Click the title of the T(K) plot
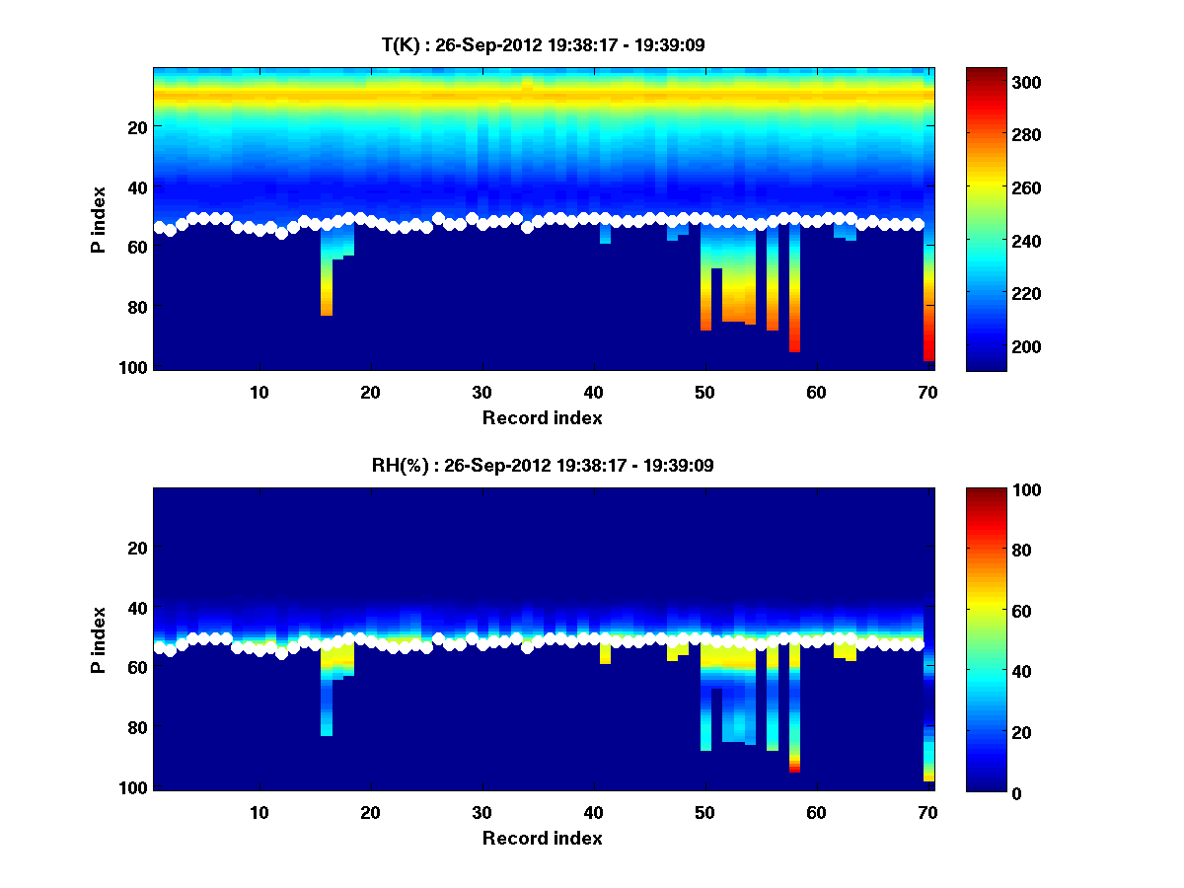point(543,45)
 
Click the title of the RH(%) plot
point(543,466)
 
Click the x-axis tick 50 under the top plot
point(704,392)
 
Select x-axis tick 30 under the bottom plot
point(481,812)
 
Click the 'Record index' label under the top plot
point(543,417)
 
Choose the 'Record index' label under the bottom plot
point(543,838)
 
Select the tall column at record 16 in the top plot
point(327,286)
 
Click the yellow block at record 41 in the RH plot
point(605,654)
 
